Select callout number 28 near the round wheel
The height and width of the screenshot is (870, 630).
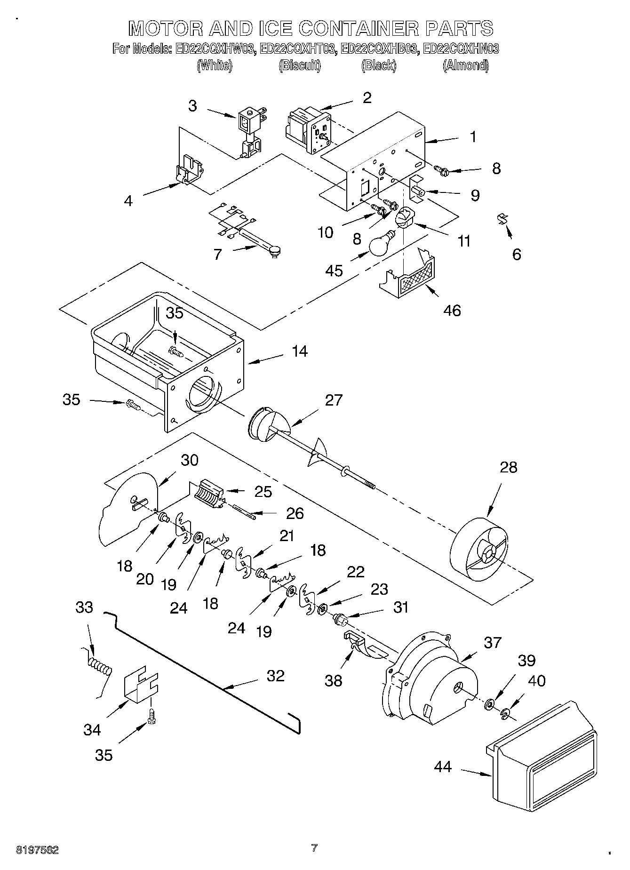509,467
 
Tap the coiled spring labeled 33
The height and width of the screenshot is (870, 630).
100,667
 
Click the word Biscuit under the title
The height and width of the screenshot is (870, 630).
300,65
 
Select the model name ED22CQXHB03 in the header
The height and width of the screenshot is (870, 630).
379,48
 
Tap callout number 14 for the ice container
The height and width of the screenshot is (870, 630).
299,351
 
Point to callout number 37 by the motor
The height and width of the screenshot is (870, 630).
492,642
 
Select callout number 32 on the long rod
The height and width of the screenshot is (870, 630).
276,676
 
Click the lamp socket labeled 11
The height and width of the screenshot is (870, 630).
404,219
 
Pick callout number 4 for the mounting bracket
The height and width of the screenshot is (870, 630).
128,201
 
